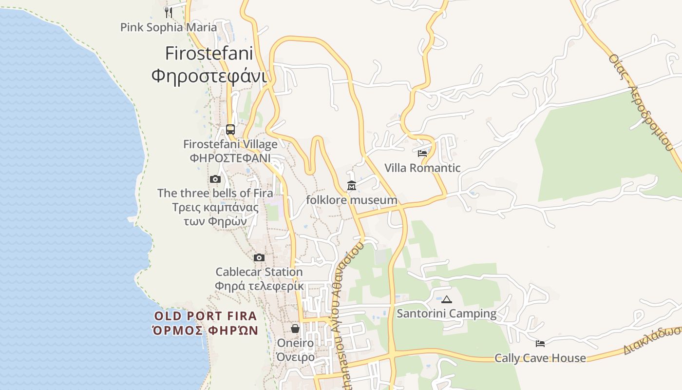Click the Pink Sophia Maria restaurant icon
168,12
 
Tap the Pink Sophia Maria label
169,27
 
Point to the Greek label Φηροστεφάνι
208,76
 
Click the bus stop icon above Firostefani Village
230,130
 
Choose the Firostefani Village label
230,144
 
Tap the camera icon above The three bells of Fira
215,179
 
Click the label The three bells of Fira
215,193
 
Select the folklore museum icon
352,186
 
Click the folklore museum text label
352,200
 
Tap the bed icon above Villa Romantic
422,153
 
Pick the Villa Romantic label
422,168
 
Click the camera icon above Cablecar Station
259,257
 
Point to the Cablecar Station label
259,272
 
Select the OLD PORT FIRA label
205,316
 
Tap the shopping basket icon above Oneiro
295,329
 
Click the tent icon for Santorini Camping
447,299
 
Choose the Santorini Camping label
447,313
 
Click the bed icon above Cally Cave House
540,344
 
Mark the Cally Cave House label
540,358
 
